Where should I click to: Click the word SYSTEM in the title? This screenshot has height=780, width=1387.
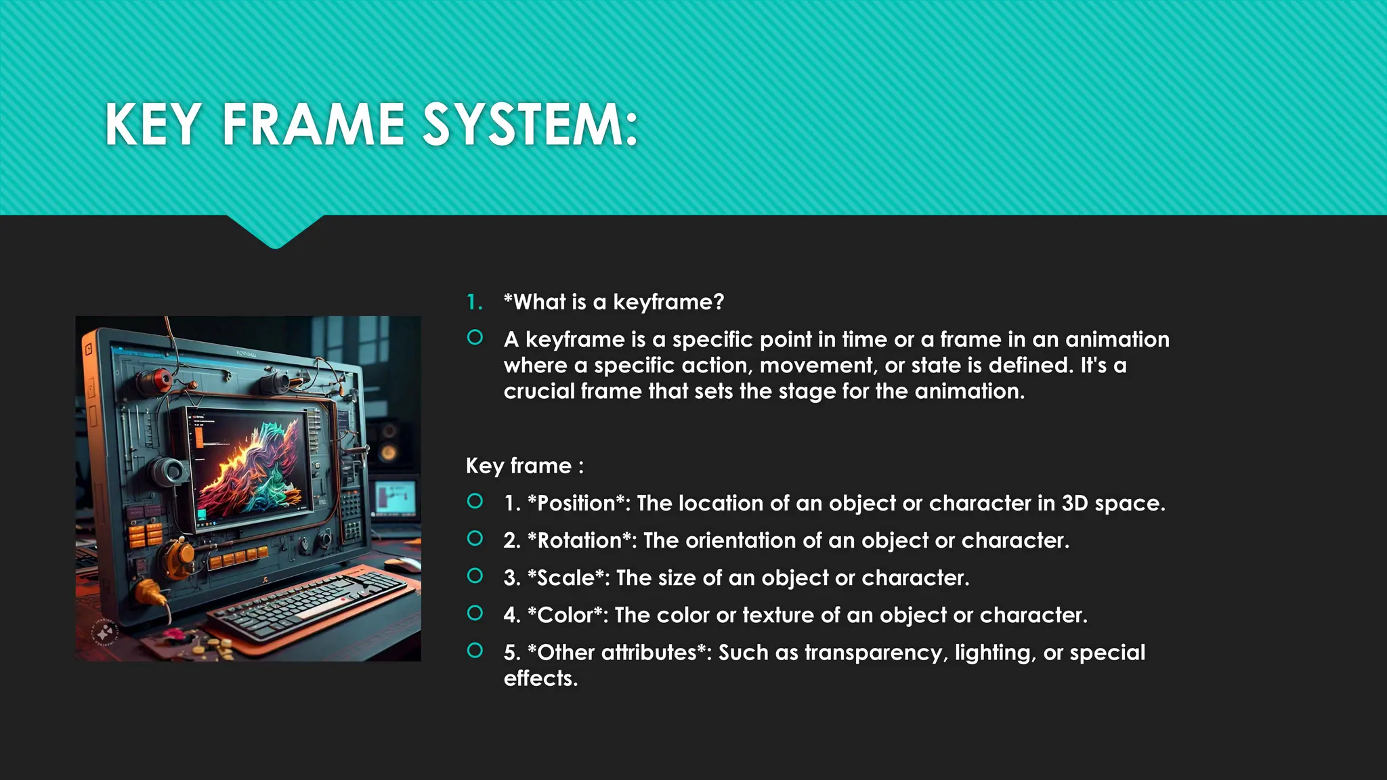click(x=530, y=125)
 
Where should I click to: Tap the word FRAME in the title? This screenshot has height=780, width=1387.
click(x=314, y=125)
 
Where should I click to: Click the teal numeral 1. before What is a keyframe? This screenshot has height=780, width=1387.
click(x=475, y=302)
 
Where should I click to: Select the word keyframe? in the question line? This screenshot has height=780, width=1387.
click(x=668, y=302)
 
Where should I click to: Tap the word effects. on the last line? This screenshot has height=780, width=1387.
click(x=540, y=678)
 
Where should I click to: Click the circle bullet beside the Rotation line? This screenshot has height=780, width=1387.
click(x=475, y=538)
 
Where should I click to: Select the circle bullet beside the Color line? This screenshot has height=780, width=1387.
click(x=475, y=613)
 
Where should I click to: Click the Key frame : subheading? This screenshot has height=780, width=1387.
click(x=524, y=466)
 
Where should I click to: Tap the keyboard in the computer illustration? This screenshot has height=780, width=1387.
click(x=312, y=603)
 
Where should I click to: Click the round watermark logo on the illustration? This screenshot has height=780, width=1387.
click(x=105, y=632)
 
